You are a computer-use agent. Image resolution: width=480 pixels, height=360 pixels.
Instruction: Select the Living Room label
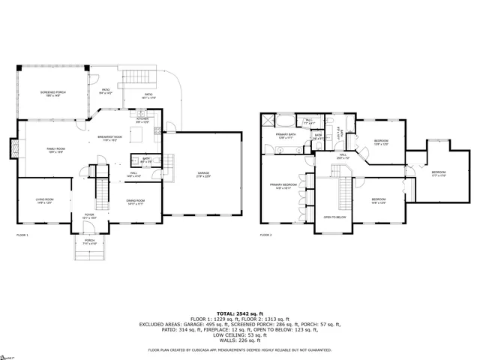[44, 200]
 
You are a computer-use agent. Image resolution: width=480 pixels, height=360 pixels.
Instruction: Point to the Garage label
[203, 174]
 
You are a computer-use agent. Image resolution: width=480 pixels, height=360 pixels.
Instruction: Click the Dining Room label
[135, 202]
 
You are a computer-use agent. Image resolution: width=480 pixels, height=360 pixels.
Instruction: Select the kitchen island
[136, 134]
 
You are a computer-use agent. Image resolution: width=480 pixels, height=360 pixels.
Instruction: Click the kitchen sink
[156, 133]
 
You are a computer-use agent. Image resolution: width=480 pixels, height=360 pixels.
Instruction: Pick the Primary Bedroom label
[283, 186]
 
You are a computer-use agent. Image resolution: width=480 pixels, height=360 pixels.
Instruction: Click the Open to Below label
[334, 217]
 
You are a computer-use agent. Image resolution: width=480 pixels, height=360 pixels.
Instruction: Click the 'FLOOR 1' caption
[22, 235]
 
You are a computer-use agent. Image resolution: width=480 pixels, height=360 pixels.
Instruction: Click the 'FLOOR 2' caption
[266, 235]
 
